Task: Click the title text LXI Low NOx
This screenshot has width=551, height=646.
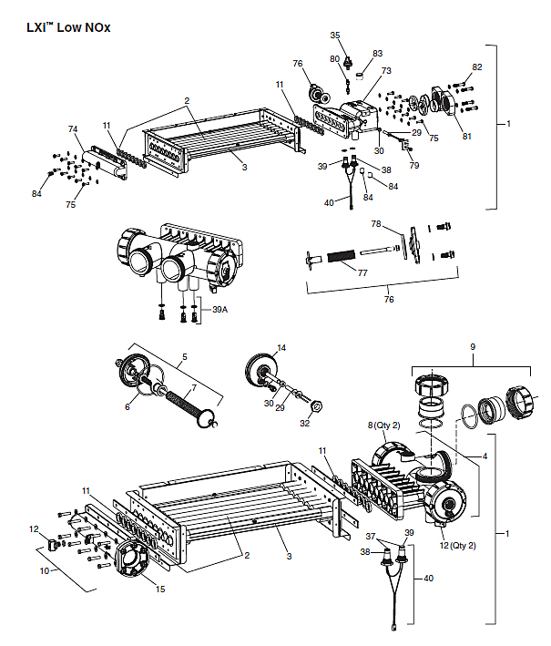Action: coord(69,27)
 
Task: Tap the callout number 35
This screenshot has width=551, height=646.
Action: coord(335,35)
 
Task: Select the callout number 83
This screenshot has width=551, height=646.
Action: coord(378,53)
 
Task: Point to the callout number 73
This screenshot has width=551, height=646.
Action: coord(386,70)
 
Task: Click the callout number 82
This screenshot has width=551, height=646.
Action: coord(477,67)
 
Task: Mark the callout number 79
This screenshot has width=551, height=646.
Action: coord(414,166)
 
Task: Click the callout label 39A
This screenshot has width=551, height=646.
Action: coord(219,310)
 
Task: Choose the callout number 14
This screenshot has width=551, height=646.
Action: coord(281,348)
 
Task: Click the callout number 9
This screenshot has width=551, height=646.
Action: coord(472,346)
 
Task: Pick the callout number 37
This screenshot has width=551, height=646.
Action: coord(371,537)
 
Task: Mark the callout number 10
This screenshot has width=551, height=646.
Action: coord(43,570)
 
